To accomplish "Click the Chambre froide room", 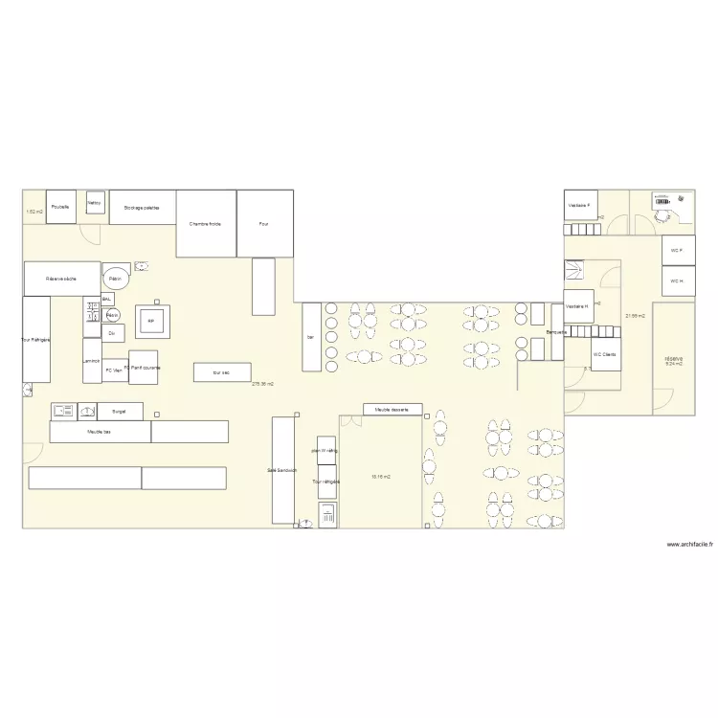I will click(206, 223).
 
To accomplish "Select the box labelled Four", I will click(264, 223).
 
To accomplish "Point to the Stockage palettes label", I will click(142, 207).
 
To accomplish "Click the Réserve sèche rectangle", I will click(62, 279).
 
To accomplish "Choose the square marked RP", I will click(151, 322).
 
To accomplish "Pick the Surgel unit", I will click(120, 411).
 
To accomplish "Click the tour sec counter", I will click(222, 372).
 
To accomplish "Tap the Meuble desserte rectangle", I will click(393, 410).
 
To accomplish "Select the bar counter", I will click(311, 337).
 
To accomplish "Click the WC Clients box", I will click(605, 354).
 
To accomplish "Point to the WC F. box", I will click(677, 251).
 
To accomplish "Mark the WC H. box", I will click(677, 281).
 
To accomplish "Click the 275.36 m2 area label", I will click(262, 384).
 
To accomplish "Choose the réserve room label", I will click(673, 360).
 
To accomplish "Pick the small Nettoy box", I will click(95, 203).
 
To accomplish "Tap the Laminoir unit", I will click(92, 361).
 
